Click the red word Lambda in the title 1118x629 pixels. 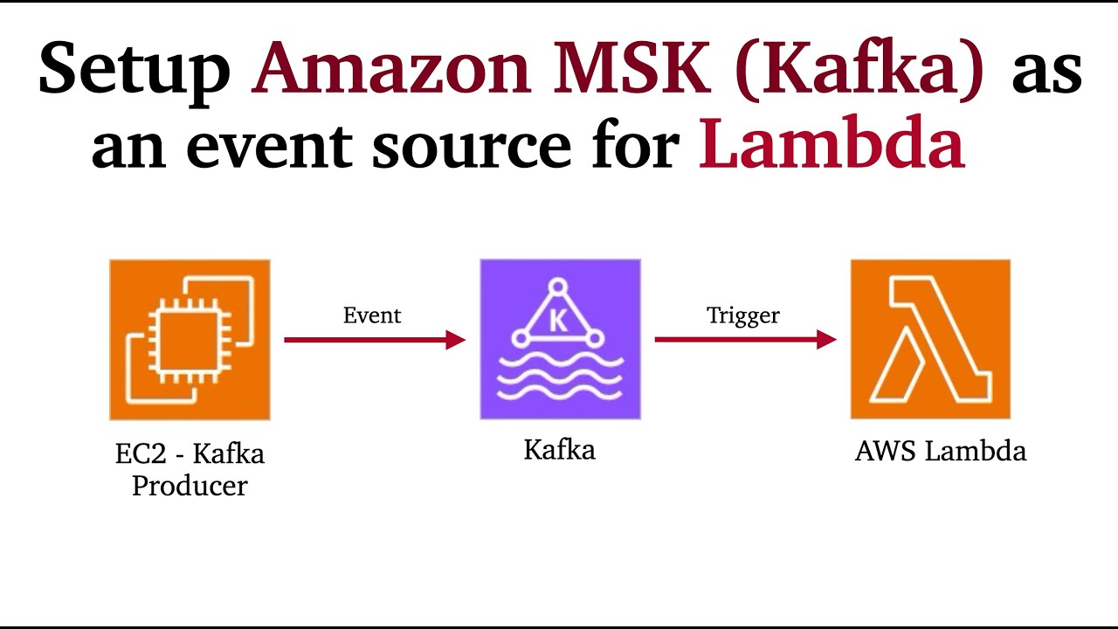click(831, 144)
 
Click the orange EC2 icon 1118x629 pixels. click(190, 340)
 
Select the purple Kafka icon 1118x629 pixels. click(560, 340)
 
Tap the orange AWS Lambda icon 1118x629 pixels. click(930, 340)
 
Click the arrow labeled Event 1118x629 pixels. click(375, 340)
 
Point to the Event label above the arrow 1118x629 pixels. click(372, 315)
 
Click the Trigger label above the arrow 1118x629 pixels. click(743, 315)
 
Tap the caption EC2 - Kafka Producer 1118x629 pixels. click(190, 469)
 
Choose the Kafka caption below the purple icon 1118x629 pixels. click(560, 450)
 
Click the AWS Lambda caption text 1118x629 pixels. click(940, 451)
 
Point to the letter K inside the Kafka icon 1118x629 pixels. click(557, 320)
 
